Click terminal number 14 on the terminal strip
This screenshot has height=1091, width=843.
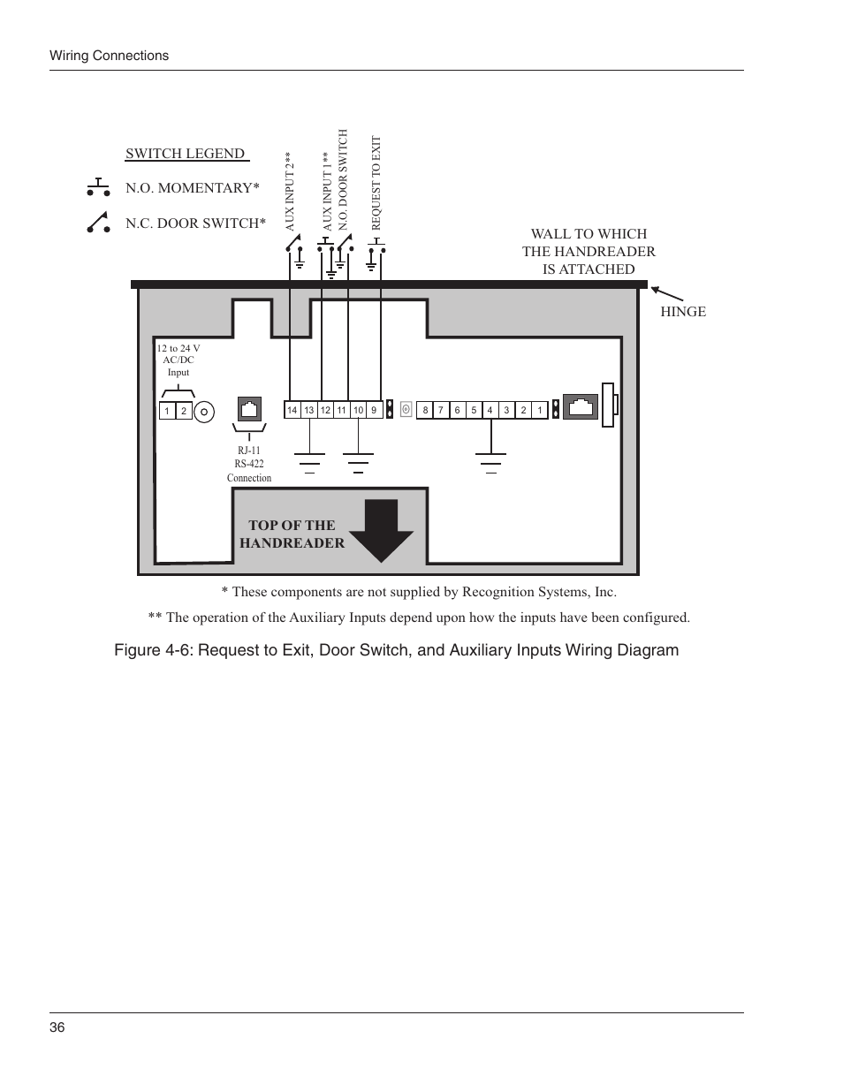click(292, 410)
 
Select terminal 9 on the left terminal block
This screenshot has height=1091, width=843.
click(374, 410)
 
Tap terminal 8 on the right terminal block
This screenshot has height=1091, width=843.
click(425, 410)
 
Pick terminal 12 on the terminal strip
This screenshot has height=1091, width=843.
click(325, 410)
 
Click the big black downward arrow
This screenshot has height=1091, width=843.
click(381, 530)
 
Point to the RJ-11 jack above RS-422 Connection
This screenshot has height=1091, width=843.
click(250, 409)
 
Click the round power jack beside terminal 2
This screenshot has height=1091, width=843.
click(204, 412)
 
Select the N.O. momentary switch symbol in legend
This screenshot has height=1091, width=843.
click(98, 187)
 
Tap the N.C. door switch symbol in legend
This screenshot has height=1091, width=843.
click(98, 223)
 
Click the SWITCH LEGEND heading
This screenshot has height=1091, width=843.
click(186, 154)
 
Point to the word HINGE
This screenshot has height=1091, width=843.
click(683, 311)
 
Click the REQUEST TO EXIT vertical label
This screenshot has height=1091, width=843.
click(376, 183)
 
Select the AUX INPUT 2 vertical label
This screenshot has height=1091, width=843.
click(288, 192)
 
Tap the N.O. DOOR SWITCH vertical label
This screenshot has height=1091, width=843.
click(344, 180)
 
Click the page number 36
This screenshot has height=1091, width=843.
click(57, 1027)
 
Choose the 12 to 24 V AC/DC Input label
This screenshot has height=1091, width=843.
click(178, 360)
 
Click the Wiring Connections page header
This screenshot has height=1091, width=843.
click(109, 56)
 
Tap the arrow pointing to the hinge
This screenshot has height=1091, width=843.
click(668, 295)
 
